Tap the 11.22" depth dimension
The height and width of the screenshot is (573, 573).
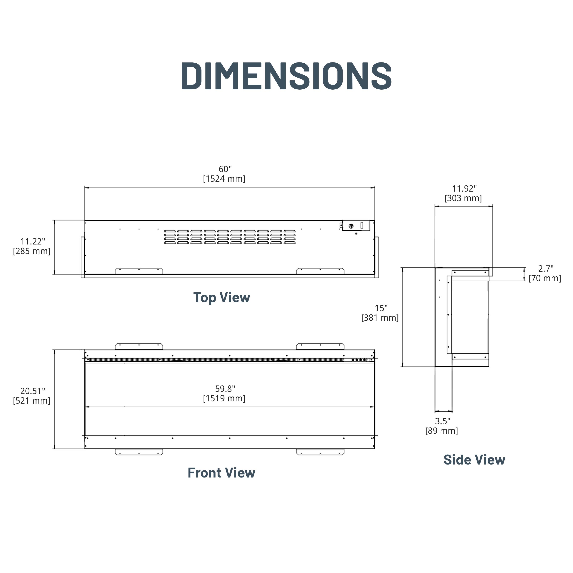pyautogui.click(x=33, y=241)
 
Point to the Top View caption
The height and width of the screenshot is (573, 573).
pyautogui.click(x=222, y=297)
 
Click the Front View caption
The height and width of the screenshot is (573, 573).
pyautogui.click(x=221, y=473)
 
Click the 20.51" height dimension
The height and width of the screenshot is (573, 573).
pyautogui.click(x=33, y=391)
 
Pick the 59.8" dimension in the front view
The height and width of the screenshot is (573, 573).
pyautogui.click(x=225, y=388)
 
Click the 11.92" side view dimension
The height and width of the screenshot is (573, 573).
pyautogui.click(x=464, y=189)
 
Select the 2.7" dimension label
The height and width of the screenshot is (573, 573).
pyautogui.click(x=546, y=269)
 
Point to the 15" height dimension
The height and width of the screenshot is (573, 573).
pyautogui.click(x=381, y=308)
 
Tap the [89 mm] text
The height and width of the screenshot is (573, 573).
pyautogui.click(x=441, y=431)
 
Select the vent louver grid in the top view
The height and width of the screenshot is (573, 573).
pyautogui.click(x=230, y=237)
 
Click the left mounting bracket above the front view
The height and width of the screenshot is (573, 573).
pyautogui.click(x=139, y=346)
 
